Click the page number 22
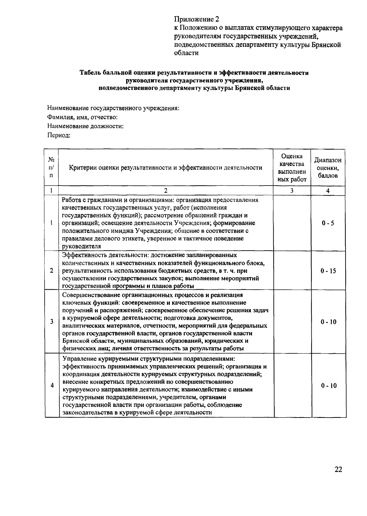click(x=338, y=470)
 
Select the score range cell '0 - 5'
click(x=328, y=223)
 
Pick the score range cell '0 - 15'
click(x=328, y=271)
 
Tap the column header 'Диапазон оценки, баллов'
click(x=328, y=168)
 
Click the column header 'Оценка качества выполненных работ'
click(x=292, y=168)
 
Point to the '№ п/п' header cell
click(x=51, y=168)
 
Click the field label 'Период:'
click(x=59, y=135)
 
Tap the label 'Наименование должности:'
click(x=85, y=126)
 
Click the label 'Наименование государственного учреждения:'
click(x=113, y=108)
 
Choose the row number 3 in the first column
click(x=52, y=322)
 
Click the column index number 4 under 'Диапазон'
click(x=328, y=191)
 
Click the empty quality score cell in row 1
click(x=292, y=223)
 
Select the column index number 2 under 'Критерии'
click(x=165, y=191)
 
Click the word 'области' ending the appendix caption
click(x=186, y=53)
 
